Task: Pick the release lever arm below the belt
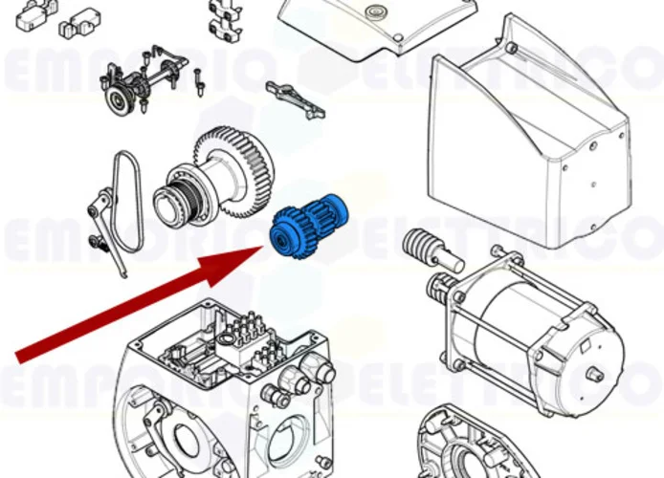[107, 229]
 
